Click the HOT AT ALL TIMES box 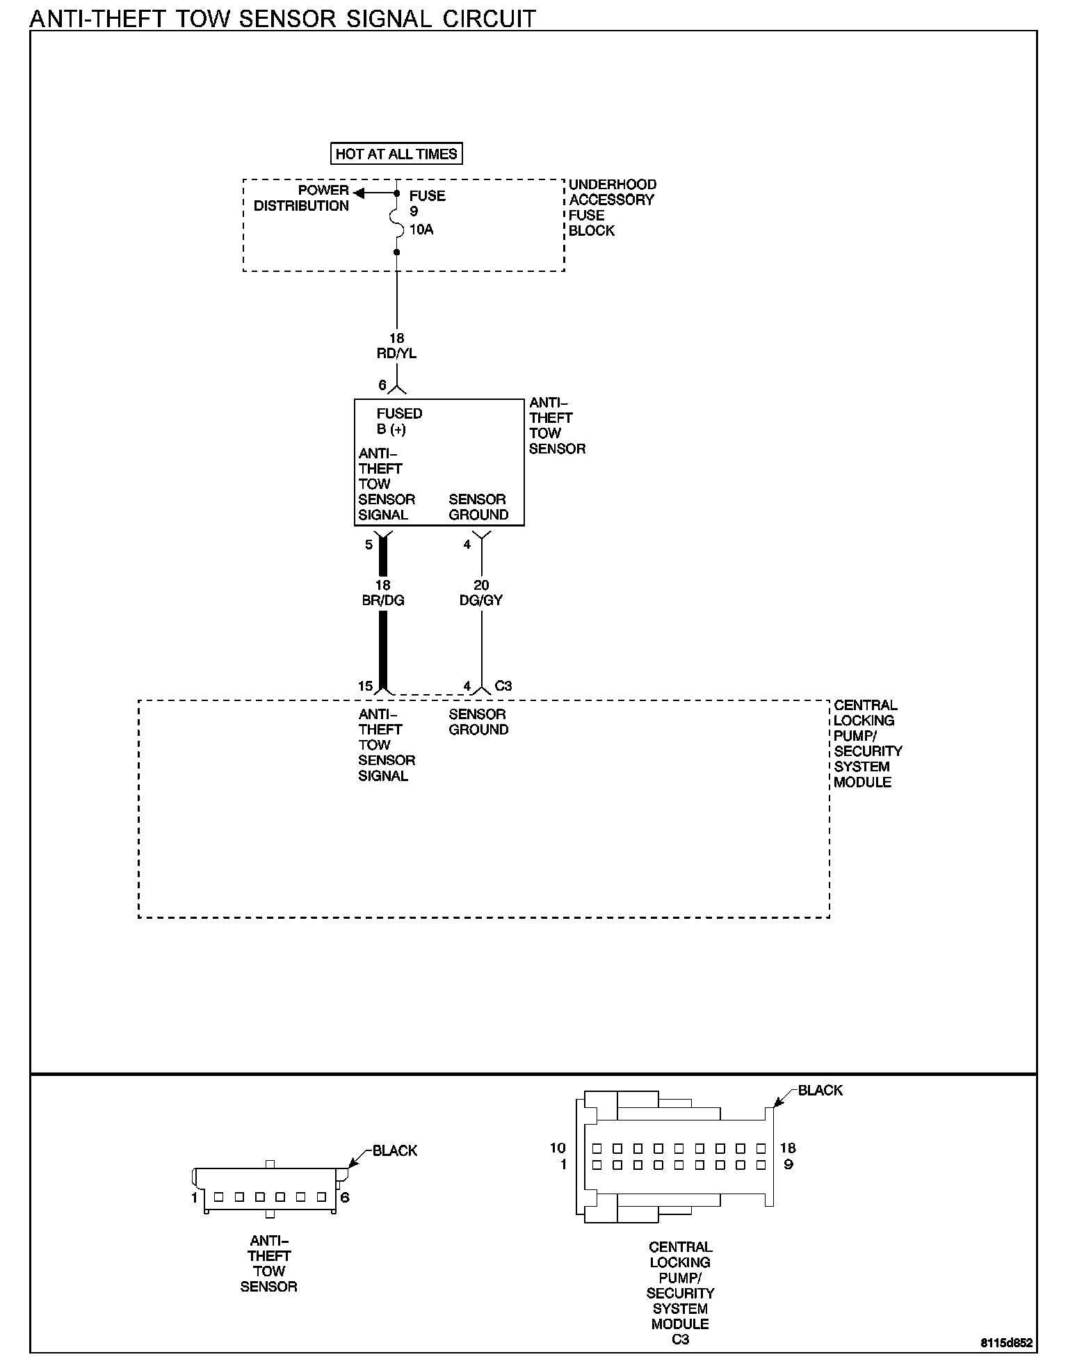click(396, 154)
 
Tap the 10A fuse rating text click(421, 230)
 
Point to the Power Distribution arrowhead click(359, 193)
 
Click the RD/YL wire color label click(396, 353)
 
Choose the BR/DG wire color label click(383, 600)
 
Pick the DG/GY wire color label click(481, 600)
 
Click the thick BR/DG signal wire click(383, 647)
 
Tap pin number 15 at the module click(366, 686)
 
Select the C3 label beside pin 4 click(503, 686)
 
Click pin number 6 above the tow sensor click(382, 385)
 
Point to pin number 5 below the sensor click(369, 545)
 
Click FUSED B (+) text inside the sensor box click(399, 421)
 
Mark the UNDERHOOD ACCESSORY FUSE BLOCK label click(612, 207)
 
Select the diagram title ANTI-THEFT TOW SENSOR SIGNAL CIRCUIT click(283, 18)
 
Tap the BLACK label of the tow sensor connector click(395, 1150)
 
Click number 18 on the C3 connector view click(788, 1148)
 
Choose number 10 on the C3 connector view click(558, 1148)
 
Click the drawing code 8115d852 click(1007, 1344)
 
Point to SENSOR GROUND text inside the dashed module click(478, 722)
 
